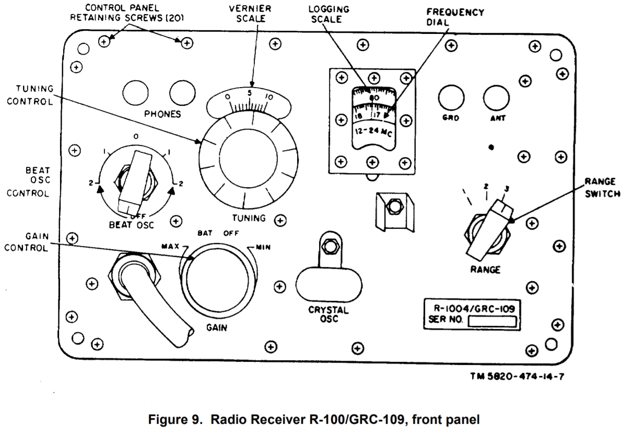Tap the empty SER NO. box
(493, 321)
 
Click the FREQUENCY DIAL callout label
(448, 17)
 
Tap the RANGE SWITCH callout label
(600, 187)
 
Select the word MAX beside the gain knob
(170, 245)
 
